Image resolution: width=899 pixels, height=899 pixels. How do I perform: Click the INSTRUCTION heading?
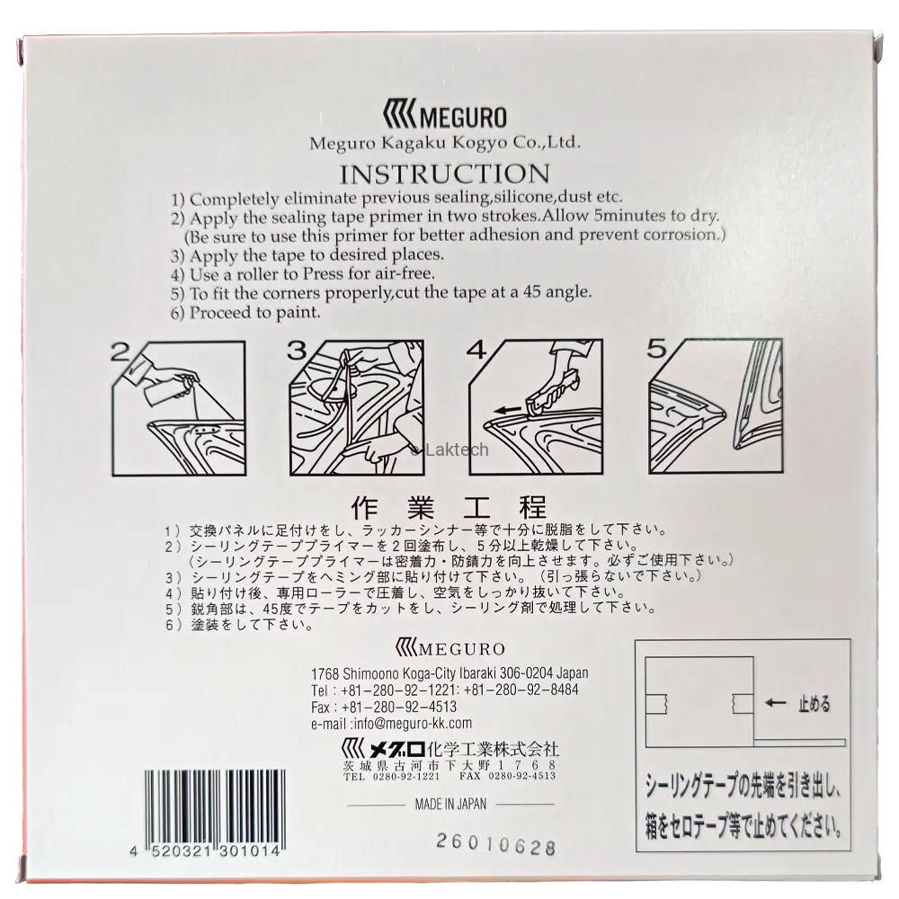tap(445, 174)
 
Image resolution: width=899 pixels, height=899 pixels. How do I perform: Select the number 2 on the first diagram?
tap(120, 352)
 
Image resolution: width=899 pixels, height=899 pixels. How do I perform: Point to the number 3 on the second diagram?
tap(298, 351)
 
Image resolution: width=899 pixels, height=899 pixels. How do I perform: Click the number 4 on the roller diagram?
tap(476, 350)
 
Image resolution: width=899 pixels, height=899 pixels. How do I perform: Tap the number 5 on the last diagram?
tap(657, 349)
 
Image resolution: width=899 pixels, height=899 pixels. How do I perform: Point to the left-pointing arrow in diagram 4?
tap(512, 410)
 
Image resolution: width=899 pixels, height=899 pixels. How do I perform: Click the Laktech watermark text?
tap(450, 449)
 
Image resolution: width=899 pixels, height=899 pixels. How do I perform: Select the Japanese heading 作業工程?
tap(449, 507)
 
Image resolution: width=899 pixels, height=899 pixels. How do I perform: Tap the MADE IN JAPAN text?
tap(450, 805)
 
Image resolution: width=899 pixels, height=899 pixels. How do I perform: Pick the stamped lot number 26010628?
tap(496, 844)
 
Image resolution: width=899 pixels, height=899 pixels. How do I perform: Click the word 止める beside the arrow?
tap(814, 704)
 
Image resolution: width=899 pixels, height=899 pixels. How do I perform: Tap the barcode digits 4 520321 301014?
tap(206, 851)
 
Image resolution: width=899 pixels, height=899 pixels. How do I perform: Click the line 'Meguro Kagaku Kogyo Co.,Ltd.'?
tap(445, 143)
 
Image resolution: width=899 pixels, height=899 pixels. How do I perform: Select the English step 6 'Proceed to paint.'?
tap(245, 313)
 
